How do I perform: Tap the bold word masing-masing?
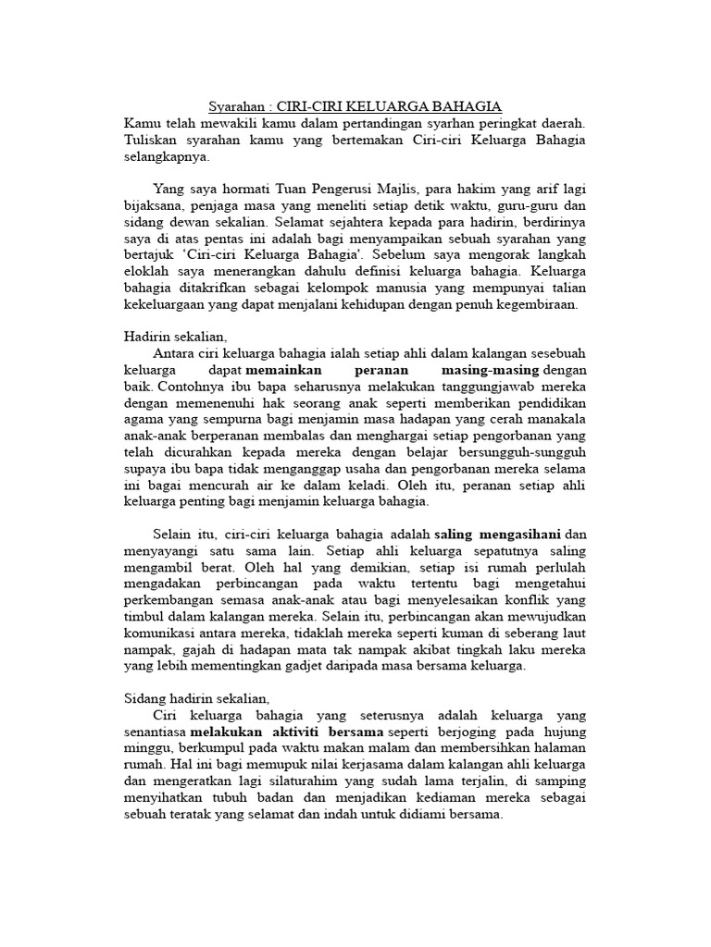click(x=499, y=370)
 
